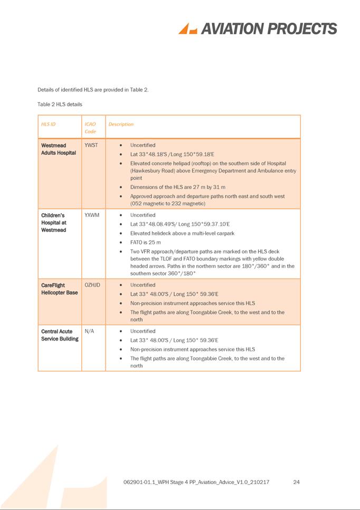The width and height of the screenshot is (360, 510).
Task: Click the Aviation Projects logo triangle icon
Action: pos(187,29)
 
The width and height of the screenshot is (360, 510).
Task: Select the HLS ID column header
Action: pos(48,125)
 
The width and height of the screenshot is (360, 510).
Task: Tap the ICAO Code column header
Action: pos(90,128)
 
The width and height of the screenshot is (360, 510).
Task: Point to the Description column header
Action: pos(121,125)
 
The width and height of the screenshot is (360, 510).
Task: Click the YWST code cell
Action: pos(91,145)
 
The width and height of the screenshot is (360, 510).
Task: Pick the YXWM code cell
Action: pos(92,215)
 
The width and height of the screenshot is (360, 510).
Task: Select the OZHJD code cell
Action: pos(92,285)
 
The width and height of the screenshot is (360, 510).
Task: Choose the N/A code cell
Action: pos(89,332)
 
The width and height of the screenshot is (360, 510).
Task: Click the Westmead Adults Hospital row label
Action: pos(59,149)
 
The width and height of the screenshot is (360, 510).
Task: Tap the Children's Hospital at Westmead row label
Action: pos(54,222)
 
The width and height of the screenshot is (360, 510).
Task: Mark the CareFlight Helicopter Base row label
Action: pos(59,289)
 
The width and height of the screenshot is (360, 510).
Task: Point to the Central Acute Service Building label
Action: pos(60,335)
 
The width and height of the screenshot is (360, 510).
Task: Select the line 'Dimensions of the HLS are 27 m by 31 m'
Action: pos(178,187)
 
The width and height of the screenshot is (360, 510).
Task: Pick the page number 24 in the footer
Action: pos(296,482)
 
